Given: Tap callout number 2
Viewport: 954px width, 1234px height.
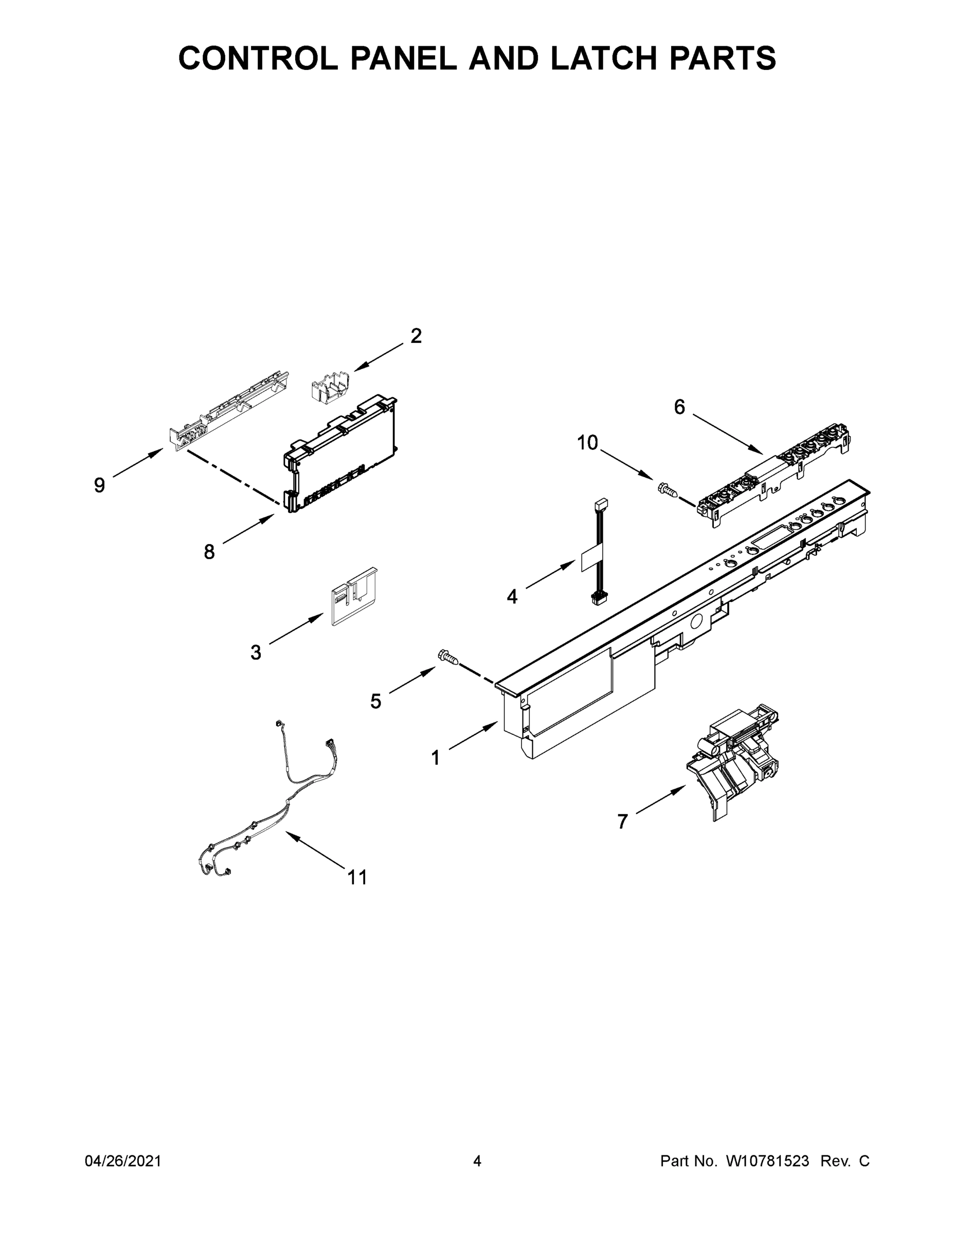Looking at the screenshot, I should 416,336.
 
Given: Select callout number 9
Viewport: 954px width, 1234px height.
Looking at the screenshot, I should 99,485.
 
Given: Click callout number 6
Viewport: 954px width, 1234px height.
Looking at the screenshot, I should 679,407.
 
